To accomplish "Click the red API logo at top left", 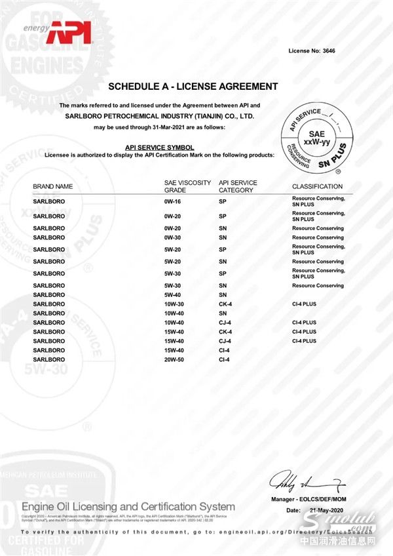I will click(67, 31).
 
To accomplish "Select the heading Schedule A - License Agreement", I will click(193, 87).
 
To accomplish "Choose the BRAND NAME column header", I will click(53, 186).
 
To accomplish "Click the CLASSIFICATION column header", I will click(317, 186).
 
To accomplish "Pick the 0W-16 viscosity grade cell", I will click(173, 201).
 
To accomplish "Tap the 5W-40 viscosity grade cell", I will click(173, 295).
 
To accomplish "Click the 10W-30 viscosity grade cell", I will click(174, 304).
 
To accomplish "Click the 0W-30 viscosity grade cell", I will click(173, 237).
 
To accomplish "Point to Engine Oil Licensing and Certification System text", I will click(128, 506).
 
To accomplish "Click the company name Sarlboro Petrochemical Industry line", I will click(160, 115).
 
